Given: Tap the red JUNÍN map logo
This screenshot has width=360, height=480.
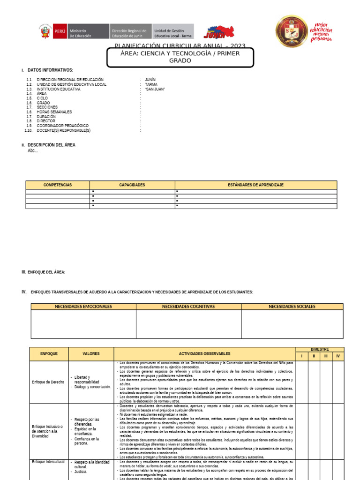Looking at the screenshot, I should [219, 32].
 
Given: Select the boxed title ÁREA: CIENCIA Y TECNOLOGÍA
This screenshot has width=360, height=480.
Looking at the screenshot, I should [180, 57].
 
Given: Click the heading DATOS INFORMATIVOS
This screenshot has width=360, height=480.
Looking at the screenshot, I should [50, 70].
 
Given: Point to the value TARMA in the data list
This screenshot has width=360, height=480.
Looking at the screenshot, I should [151, 84].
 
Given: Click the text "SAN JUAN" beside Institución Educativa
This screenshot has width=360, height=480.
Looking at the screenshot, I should [155, 89].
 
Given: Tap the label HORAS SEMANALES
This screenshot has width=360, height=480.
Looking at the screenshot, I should [54, 112].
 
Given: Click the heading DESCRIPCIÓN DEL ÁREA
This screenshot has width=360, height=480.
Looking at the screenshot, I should [51, 145].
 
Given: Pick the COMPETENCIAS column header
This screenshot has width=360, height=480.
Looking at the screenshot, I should [58, 185].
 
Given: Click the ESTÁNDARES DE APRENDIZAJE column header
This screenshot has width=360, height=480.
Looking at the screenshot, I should [255, 185].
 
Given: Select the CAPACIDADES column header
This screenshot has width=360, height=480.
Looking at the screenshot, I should [132, 185].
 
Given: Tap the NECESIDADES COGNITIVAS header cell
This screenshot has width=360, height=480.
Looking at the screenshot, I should [188, 307].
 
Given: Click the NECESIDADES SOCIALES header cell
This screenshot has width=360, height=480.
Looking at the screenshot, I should [292, 307].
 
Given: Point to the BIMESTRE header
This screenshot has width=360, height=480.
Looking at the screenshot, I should [320, 349].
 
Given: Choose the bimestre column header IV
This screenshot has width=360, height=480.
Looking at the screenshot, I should [337, 356].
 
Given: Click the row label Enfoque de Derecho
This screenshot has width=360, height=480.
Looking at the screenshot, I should [48, 382].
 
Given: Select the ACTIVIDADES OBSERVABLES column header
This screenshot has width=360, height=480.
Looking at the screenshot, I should [204, 353].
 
